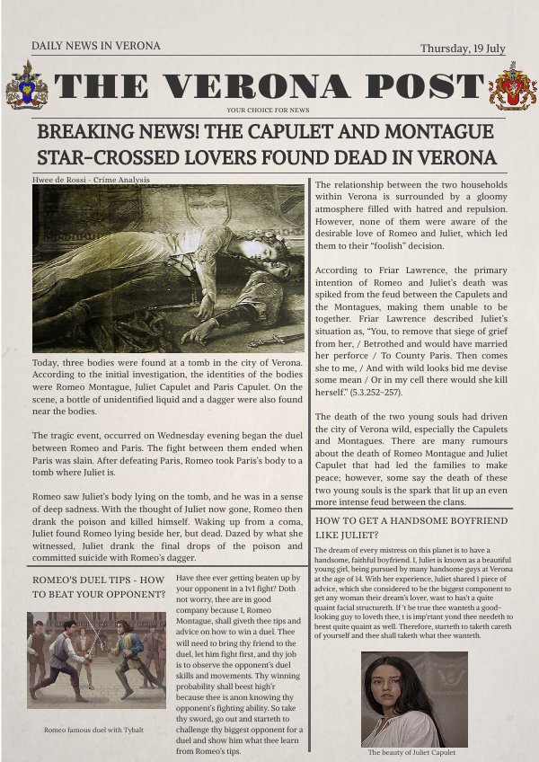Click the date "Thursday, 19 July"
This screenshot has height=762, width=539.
point(463,49)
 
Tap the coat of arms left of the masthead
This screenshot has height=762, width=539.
point(27,85)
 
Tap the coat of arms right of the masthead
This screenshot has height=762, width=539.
point(512,86)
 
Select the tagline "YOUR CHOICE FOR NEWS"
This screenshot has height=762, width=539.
point(269,110)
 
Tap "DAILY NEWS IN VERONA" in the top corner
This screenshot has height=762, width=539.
point(95,46)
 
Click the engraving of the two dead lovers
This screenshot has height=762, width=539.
point(169,268)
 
